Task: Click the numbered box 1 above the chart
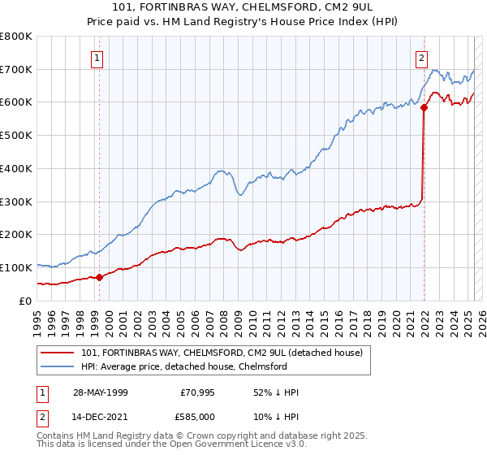97,58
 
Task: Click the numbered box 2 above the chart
422,58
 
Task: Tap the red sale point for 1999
100,277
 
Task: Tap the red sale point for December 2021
424,106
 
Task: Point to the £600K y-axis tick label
16,102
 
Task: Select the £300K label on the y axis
16,201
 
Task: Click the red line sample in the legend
58,352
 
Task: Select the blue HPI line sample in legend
58,366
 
